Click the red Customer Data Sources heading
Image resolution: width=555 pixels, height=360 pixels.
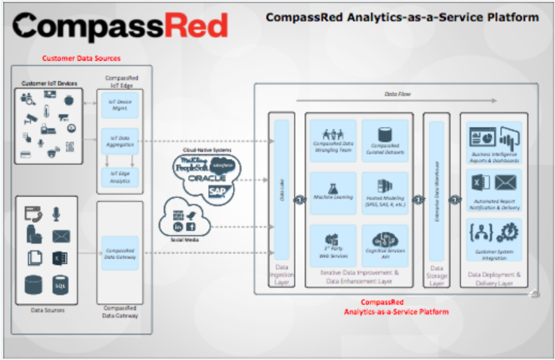point(81,58)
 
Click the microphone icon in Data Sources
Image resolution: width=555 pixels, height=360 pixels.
point(56,214)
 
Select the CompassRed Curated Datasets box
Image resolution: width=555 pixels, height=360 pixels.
point(385,139)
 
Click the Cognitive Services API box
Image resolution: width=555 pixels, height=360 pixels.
point(385,244)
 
